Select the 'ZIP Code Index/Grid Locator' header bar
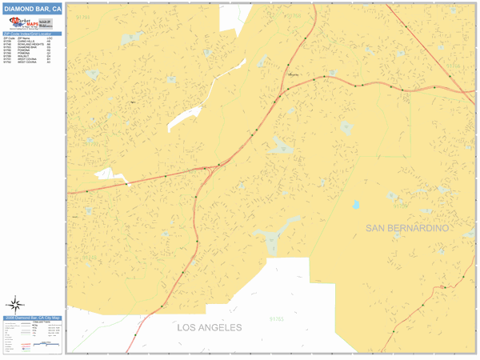coord(32,34)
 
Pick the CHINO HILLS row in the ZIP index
coord(24,41)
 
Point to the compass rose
coord(16,303)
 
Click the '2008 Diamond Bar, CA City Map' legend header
coord(32,318)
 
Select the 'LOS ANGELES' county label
coord(209,328)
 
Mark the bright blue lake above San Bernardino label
coord(356,205)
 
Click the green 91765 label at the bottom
coord(276,319)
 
